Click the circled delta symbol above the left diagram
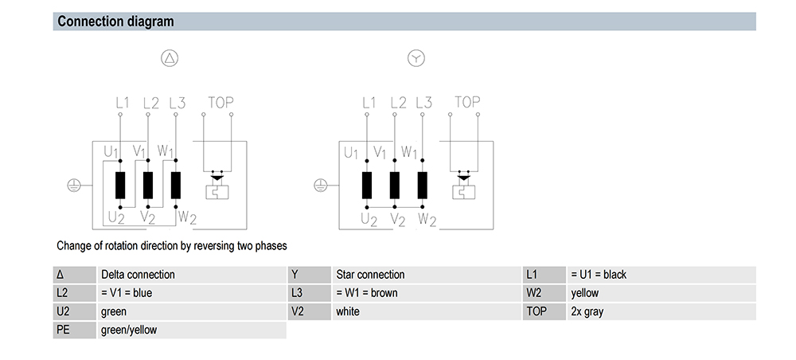click(170, 58)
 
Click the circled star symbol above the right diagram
click(416, 58)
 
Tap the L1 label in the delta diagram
click(123, 103)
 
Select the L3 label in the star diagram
click(423, 103)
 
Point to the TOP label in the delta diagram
click(220, 103)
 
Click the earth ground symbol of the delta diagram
click(74, 186)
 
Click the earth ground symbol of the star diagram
click(321, 186)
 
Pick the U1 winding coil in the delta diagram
click(120, 186)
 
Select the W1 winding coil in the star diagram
click(423, 186)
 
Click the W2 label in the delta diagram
click(187, 217)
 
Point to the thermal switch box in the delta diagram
click(217, 192)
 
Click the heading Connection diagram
click(115, 22)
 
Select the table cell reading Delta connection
click(191, 275)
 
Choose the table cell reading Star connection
click(427, 275)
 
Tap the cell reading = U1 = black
click(661, 275)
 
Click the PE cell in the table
click(75, 330)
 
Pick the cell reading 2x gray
click(661, 311)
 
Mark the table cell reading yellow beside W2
click(661, 293)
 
